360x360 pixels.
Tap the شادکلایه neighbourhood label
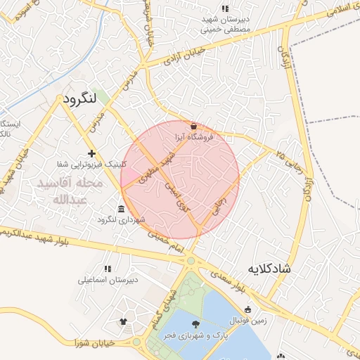278,269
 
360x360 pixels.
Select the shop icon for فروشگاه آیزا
194,126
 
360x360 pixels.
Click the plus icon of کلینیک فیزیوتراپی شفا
91,153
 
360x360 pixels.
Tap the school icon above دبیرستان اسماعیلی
108,269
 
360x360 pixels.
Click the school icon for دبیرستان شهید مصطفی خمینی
225,8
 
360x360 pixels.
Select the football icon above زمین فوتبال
247,309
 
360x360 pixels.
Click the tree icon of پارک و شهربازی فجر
195,323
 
